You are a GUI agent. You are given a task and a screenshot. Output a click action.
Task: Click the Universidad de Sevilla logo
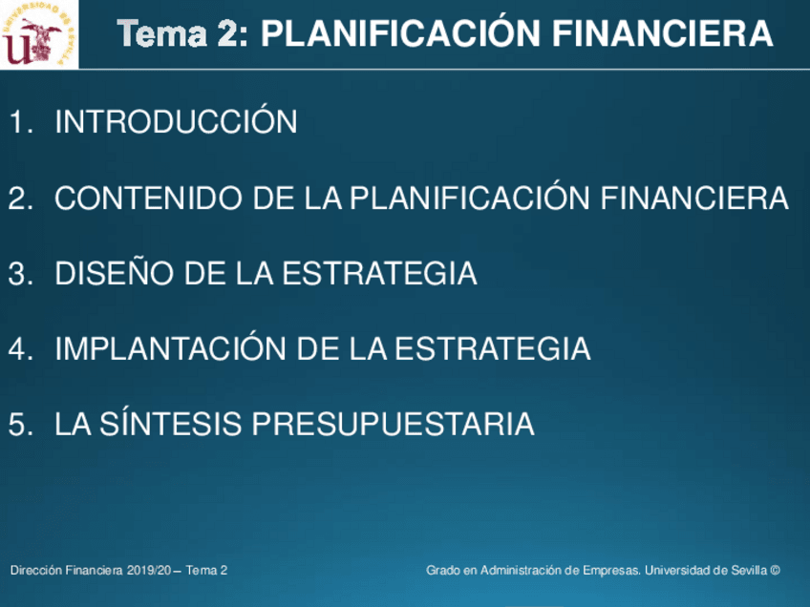pos(39,34)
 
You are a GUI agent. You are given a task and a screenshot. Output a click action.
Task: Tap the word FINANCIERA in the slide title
pos(662,34)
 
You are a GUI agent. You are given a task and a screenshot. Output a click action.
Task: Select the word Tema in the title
pos(161,34)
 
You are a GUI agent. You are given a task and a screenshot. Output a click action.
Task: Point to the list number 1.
pos(21,122)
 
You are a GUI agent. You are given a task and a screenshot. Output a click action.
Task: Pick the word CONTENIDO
pos(148,198)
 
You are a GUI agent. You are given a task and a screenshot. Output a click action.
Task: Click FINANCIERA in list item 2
pos(694,198)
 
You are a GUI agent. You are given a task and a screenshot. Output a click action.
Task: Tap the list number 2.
pos(21,199)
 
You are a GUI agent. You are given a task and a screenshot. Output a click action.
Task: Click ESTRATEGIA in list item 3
pos(379,273)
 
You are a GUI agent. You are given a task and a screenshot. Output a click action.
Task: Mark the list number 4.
pos(21,349)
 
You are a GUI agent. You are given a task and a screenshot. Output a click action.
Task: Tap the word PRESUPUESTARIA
pos(393,424)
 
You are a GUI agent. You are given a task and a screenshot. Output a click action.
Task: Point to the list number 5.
pos(21,425)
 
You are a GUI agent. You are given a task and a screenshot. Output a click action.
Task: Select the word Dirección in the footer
pos(36,571)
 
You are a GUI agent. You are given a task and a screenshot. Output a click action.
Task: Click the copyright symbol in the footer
pos(775,571)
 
